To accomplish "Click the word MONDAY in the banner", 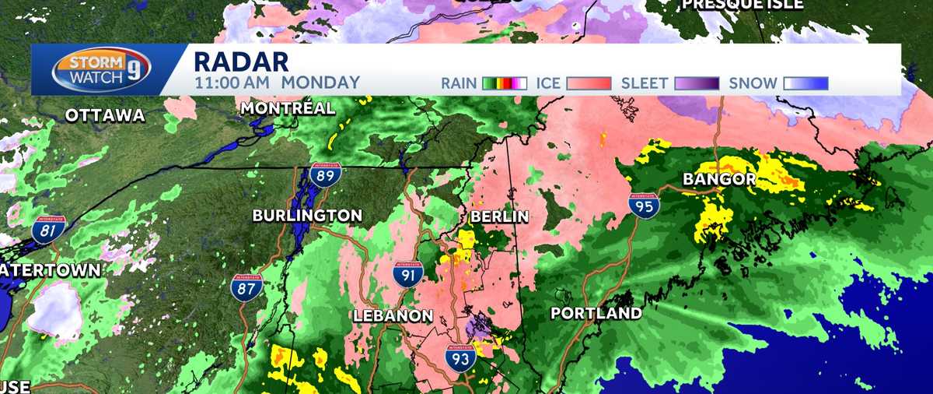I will (320, 83).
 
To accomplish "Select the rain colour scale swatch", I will (505, 83).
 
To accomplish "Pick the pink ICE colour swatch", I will (588, 83).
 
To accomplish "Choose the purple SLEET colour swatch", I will (697, 83).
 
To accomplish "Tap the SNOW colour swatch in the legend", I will (805, 83).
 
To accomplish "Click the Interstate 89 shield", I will (322, 174).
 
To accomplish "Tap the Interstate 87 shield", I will (246, 288).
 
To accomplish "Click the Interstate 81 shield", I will (48, 231).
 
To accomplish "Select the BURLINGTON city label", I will (307, 216).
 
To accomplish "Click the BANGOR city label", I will (718, 180).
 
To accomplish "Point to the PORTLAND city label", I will (596, 314).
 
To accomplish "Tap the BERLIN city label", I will (499, 216).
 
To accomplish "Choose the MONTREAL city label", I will (288, 108).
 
